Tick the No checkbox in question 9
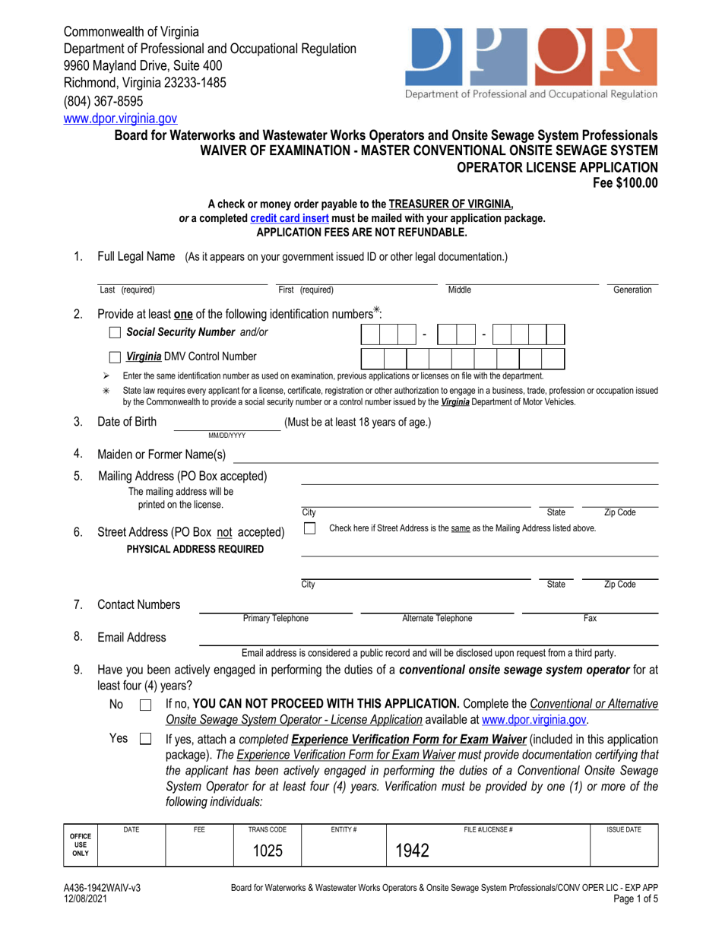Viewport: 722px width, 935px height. coord(147,706)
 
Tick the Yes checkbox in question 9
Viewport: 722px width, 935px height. coord(147,738)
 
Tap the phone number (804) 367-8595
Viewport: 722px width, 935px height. coord(103,101)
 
